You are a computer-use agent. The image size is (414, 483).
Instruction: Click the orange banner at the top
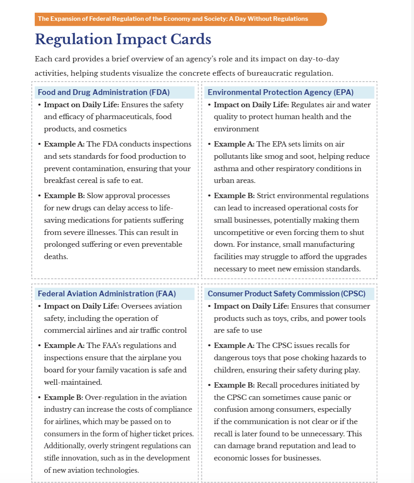[x=180, y=19]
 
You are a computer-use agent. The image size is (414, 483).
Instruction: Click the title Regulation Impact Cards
[x=123, y=39]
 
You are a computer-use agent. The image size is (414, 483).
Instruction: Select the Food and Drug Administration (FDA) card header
[x=103, y=92]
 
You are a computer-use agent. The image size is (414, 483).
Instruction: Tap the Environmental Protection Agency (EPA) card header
[x=281, y=92]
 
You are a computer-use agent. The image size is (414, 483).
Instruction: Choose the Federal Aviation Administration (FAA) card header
[x=107, y=293]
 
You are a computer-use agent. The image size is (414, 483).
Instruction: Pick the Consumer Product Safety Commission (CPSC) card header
[x=286, y=293]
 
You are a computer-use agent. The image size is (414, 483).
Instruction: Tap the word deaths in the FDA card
[x=55, y=257]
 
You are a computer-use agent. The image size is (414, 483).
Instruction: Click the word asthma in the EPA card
[x=226, y=168]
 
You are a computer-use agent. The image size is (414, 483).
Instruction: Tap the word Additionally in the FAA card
[x=64, y=446]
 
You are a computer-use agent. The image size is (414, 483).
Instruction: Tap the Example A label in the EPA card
[x=234, y=144]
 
